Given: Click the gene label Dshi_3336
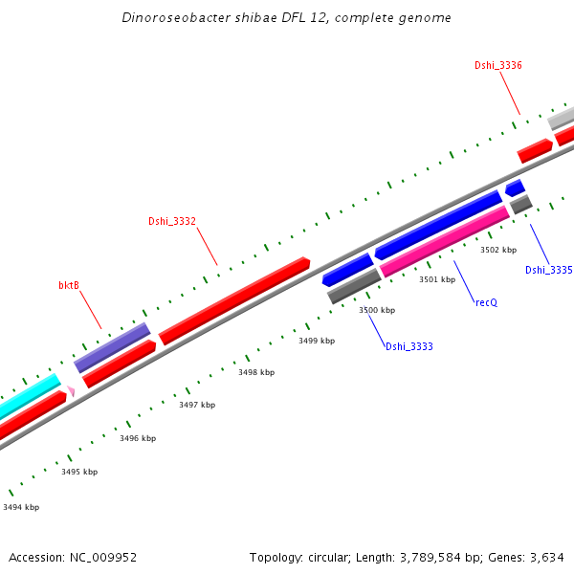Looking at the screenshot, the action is tap(498, 65).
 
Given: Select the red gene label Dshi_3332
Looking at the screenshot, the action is tap(172, 222).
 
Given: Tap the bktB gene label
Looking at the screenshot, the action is tap(69, 285).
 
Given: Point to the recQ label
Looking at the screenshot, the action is tap(486, 301).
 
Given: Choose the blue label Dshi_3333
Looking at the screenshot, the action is tap(409, 346).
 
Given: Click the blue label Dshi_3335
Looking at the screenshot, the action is tap(548, 270).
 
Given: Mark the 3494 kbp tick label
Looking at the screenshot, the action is tap(21, 507).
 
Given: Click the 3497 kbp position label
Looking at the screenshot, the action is tap(197, 406).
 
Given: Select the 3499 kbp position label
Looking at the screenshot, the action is tap(317, 341).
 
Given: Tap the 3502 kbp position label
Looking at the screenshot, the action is tap(498, 250).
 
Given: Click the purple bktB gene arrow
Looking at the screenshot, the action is tap(112, 347).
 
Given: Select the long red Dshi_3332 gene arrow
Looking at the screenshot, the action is tap(234, 300).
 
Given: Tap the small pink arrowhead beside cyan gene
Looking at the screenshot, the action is tap(71, 391).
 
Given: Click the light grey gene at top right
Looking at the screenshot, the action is tap(561, 119).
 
